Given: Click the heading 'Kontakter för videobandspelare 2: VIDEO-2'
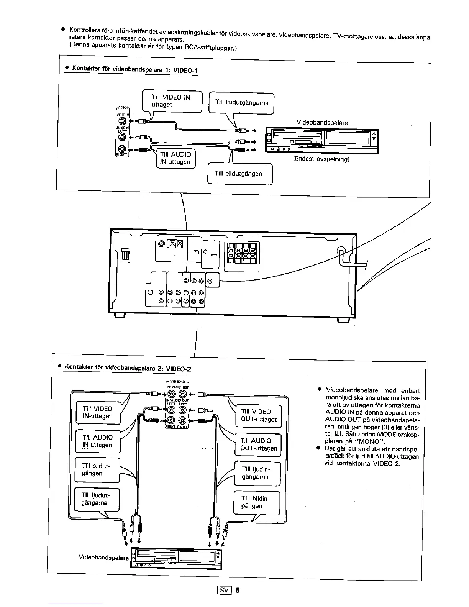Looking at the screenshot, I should coord(128,367).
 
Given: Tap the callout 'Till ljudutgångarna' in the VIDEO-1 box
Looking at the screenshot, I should coord(241,102).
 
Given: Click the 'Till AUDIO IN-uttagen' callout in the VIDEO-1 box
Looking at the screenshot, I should coord(175,158).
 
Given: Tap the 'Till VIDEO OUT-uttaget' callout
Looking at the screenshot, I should coord(259,415).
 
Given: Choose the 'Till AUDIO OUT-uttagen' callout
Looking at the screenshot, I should coord(258,445).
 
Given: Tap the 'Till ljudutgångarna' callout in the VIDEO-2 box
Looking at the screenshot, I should coord(96,499).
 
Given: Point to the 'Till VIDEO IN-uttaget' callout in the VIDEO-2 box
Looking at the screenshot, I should coord(97,412).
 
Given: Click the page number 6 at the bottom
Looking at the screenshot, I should coord(238,590).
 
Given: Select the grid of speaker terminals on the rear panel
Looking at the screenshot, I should coord(241,253).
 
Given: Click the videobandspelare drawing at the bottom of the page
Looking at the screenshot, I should coord(176,559).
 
